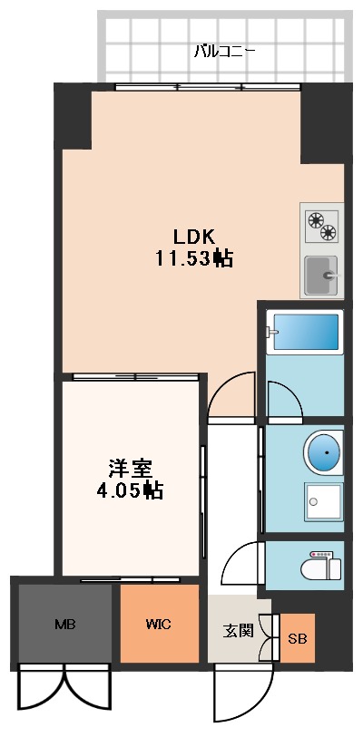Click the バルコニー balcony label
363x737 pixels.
(x=224, y=51)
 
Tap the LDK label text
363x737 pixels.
(x=193, y=237)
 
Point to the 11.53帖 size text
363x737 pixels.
(x=193, y=258)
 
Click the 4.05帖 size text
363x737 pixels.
(x=130, y=491)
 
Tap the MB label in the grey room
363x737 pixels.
(x=64, y=624)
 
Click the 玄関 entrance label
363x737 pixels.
(x=238, y=628)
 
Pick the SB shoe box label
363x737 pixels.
(x=298, y=639)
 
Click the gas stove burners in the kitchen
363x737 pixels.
(x=321, y=227)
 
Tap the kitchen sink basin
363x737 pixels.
(x=319, y=275)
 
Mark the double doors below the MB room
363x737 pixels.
(x=64, y=687)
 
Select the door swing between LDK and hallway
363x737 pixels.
(x=229, y=395)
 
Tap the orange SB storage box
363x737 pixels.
(x=298, y=638)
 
